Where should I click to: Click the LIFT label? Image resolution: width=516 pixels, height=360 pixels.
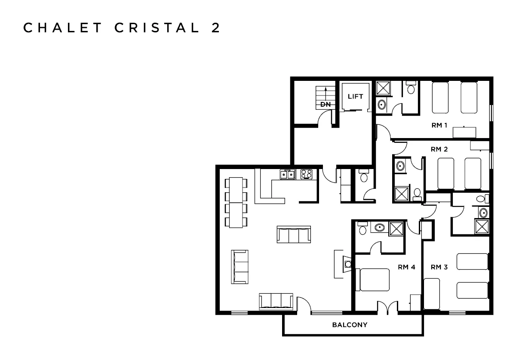pyautogui.click(x=355, y=96)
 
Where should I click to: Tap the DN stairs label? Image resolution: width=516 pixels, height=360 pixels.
pyautogui.click(x=326, y=105)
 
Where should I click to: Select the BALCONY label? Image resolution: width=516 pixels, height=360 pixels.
pyautogui.click(x=350, y=325)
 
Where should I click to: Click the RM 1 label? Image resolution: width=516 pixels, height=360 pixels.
pyautogui.click(x=439, y=125)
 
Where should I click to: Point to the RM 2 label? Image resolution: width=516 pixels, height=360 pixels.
pyautogui.click(x=439, y=149)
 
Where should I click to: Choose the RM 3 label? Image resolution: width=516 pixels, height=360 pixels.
pyautogui.click(x=439, y=267)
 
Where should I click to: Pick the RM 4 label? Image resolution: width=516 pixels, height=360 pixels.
pyautogui.click(x=406, y=267)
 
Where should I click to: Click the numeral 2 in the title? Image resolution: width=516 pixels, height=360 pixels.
pyautogui.click(x=215, y=28)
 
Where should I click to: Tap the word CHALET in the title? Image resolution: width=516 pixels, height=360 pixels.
pyautogui.click(x=62, y=28)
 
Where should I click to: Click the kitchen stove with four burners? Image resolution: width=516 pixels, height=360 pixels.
pyautogui.click(x=306, y=174)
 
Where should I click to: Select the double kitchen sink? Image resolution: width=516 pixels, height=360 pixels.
pyautogui.click(x=288, y=175)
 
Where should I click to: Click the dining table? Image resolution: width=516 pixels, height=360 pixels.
pyautogui.click(x=236, y=202)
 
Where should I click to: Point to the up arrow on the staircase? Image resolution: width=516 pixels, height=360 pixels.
pyautogui.click(x=326, y=95)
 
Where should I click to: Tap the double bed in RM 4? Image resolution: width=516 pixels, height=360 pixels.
pyautogui.click(x=373, y=280)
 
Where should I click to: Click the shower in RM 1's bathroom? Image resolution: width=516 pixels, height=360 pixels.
pyautogui.click(x=383, y=88)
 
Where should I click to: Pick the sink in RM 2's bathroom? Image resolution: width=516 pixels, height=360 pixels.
pyautogui.click(x=400, y=166)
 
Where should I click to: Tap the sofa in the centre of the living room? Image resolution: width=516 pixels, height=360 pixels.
pyautogui.click(x=294, y=234)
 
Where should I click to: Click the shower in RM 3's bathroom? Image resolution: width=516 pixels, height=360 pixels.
pyautogui.click(x=482, y=227)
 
